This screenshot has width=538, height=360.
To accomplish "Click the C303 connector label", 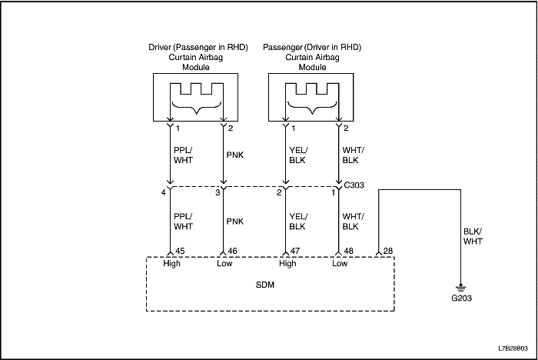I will [x=356, y=185].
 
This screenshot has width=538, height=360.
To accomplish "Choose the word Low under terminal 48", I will [x=339, y=263].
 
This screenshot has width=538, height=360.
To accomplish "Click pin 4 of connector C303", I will [x=164, y=192].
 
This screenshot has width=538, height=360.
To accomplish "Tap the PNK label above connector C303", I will [x=236, y=155].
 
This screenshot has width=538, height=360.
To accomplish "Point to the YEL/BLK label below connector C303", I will [x=297, y=222].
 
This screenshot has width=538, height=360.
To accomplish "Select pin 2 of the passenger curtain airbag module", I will [x=346, y=128].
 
